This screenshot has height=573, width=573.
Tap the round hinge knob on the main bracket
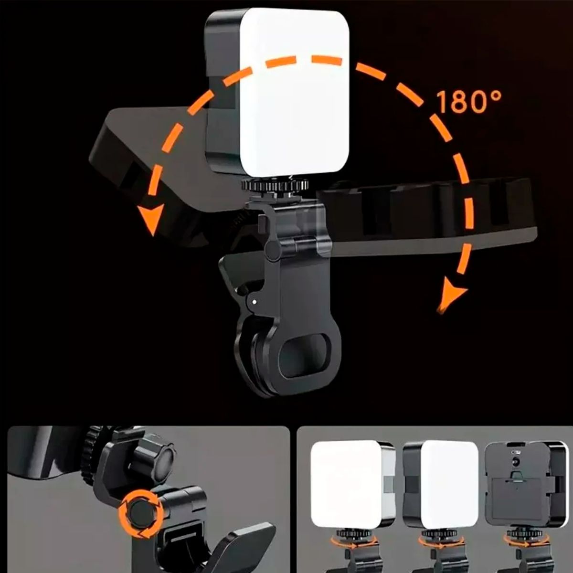coord(273,250)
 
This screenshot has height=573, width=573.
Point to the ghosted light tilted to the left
coord(143,158)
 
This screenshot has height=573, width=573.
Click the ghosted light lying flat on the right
coord(430,210)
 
